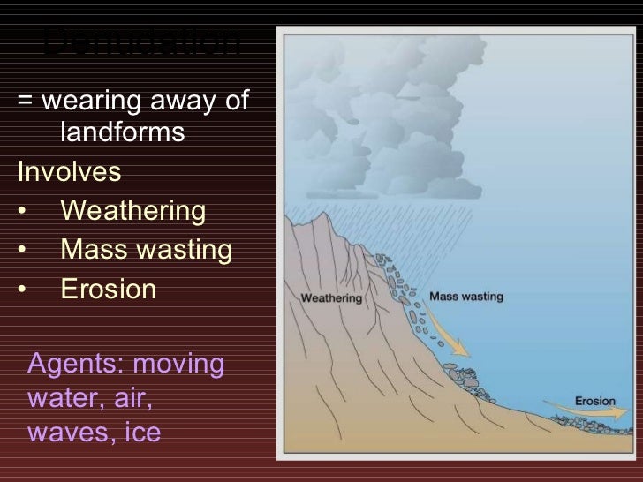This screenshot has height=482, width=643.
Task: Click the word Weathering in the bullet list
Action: coord(132,213)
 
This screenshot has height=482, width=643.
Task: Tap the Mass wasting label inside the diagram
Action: coord(465,297)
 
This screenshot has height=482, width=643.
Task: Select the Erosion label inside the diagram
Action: coord(594,401)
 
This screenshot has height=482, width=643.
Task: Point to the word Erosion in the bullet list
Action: coord(108,290)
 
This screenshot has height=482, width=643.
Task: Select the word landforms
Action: coord(123,135)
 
